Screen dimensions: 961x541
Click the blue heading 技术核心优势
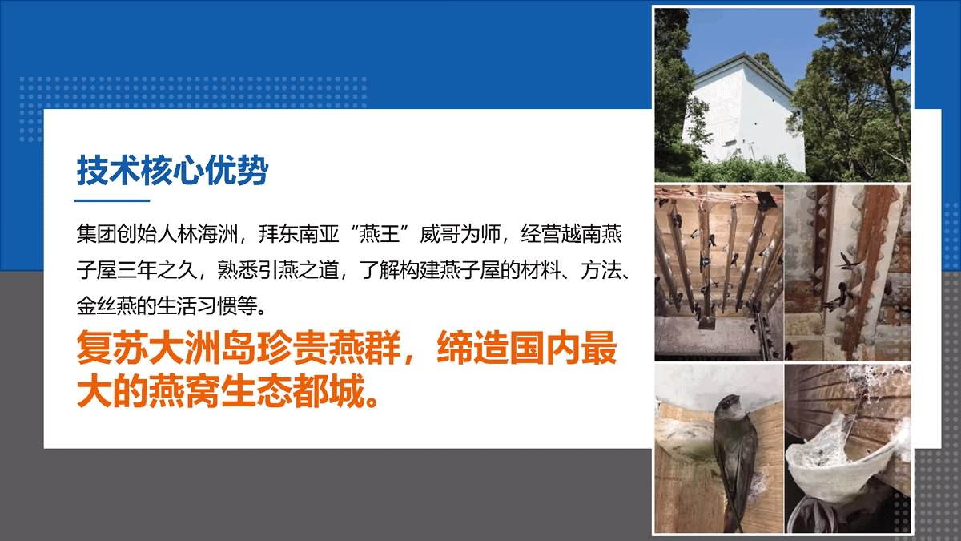click(172, 170)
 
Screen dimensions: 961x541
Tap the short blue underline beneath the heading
click(112, 200)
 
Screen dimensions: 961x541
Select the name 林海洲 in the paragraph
click(207, 234)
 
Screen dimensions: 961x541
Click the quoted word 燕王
click(380, 234)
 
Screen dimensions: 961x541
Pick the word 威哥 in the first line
click(440, 234)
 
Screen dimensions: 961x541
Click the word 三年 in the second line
click(137, 271)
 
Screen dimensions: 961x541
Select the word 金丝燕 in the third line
click(107, 306)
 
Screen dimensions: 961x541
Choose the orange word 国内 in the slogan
click(545, 348)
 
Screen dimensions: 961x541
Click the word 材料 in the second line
click(541, 271)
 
